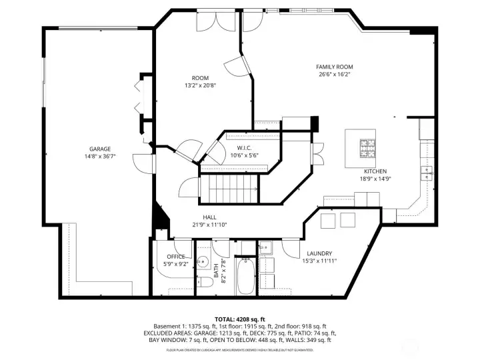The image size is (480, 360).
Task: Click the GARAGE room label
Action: coord(100,149)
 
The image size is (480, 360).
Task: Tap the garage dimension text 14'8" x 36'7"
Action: coord(100,157)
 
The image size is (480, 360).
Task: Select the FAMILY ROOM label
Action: coord(335,67)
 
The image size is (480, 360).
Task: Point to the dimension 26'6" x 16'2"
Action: coord(335,75)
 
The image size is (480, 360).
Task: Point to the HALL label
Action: coord(209,217)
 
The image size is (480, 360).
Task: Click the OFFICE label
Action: coord(176,256)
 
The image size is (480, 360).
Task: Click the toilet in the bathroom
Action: coord(206,282)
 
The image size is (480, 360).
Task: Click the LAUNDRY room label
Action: coord(320,253)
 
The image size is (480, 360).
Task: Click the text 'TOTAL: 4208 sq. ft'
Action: coord(240,319)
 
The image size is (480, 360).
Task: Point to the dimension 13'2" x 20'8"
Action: coord(200,85)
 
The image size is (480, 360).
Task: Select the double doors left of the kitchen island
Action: coord(318,154)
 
